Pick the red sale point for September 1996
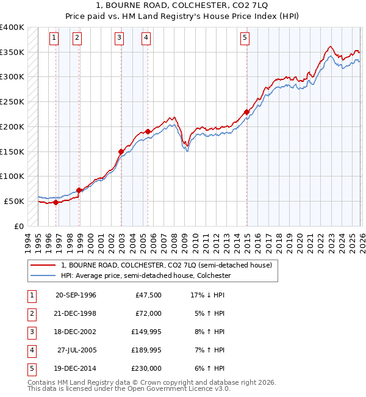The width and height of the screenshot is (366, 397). click(56, 202)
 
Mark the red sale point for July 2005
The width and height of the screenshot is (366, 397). click(148, 131)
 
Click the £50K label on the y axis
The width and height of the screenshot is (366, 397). click(15, 201)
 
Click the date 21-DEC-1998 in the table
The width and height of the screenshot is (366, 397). click(76, 313)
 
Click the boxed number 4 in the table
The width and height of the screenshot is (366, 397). click(30, 351)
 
